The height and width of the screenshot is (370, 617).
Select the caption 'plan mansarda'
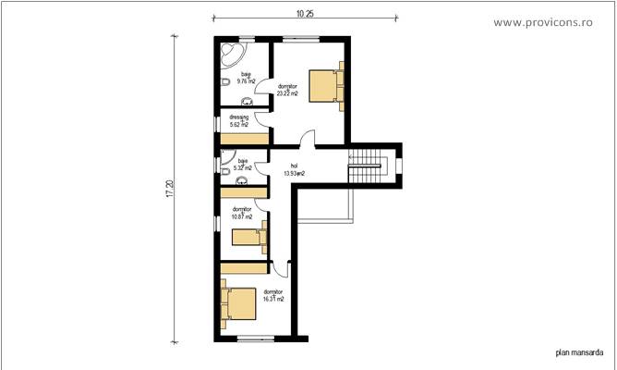pyautogui.click(x=579, y=351)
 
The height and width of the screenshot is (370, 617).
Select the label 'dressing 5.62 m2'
pyautogui.click(x=239, y=120)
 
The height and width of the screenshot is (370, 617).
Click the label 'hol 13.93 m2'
pyautogui.click(x=293, y=169)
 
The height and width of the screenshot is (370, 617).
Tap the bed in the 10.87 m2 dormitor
pyautogui.click(x=248, y=237)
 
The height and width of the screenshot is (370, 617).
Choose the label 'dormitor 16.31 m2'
pyautogui.click(x=272, y=295)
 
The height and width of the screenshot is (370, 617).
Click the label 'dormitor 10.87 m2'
pyautogui.click(x=242, y=213)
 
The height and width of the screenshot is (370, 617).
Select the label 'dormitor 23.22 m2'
pyautogui.click(x=286, y=90)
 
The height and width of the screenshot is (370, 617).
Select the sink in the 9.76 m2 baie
pyautogui.click(x=248, y=100)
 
